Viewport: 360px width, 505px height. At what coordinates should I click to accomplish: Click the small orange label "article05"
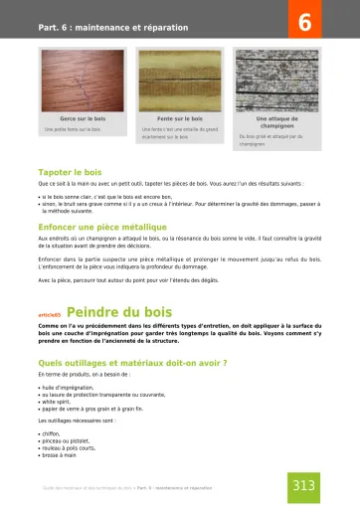(49, 314)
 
